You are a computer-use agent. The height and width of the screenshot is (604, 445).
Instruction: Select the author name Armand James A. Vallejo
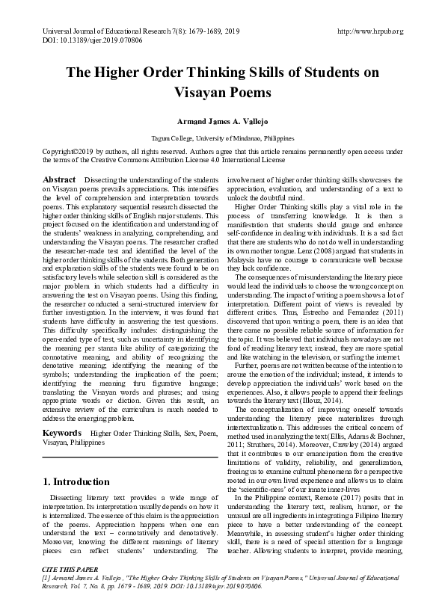point(222,121)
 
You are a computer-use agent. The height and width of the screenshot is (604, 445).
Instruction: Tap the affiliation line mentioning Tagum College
point(222,139)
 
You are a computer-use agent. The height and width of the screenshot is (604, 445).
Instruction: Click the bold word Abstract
point(59,180)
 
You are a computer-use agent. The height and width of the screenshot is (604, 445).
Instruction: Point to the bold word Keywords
point(62,433)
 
